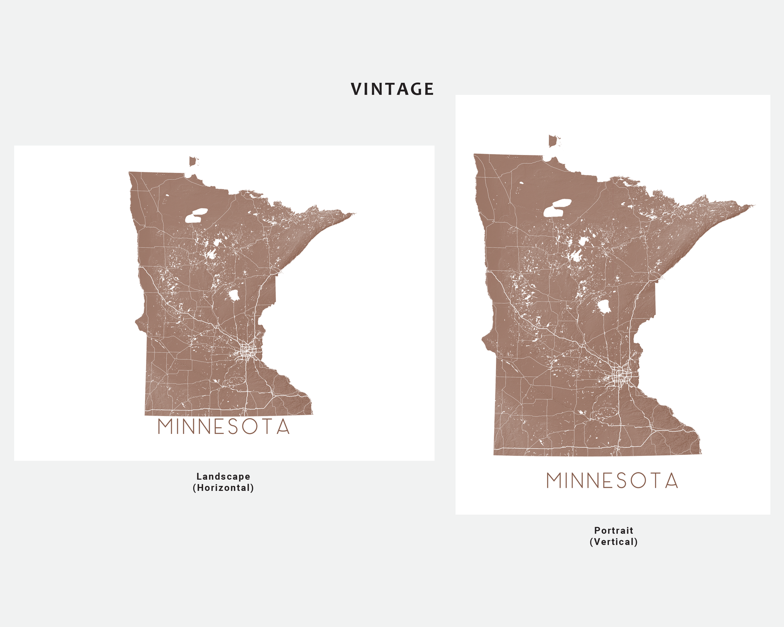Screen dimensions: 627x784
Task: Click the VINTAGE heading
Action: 392,89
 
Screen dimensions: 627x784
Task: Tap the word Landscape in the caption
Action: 223,477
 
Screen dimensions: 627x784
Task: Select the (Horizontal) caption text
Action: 223,488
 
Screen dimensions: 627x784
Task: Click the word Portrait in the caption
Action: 613,530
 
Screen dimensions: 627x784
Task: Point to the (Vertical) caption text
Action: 613,542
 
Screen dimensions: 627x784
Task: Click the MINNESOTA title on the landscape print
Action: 224,427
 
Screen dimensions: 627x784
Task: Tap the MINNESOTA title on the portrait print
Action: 612,481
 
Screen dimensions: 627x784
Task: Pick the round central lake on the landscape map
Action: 233,295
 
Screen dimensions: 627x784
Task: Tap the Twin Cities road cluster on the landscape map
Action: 246,351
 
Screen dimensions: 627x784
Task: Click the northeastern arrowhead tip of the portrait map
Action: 752,206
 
